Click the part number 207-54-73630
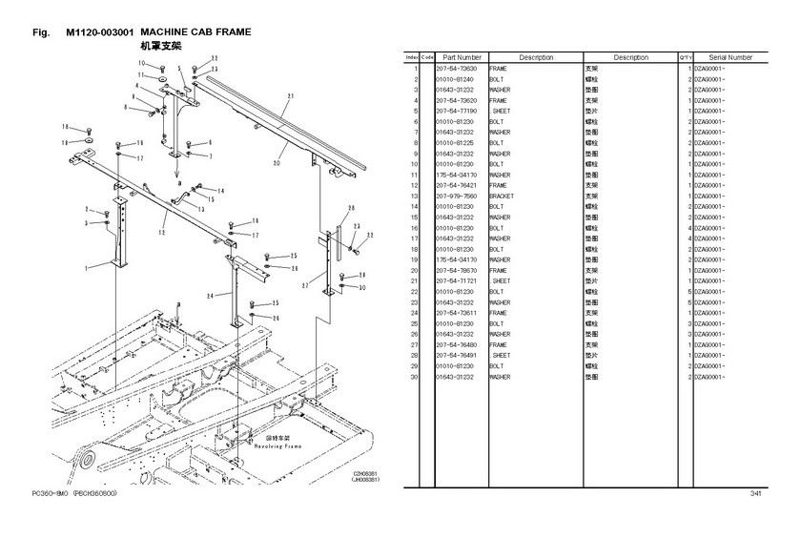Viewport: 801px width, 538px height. pos(457,69)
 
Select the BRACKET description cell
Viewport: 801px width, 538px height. pos(502,196)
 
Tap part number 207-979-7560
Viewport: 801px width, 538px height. pos(457,196)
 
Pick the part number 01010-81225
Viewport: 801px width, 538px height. pos(457,143)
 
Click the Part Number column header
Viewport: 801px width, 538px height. pos(461,57)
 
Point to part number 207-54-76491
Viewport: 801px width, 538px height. pos(457,355)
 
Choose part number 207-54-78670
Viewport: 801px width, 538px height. pos(457,270)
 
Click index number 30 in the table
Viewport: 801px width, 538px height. pos(415,376)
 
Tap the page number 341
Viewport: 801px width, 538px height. pos(754,493)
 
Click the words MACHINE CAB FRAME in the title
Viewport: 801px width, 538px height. pos(195,32)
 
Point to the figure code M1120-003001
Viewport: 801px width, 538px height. pos(100,32)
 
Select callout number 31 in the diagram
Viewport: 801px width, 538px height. pos(290,97)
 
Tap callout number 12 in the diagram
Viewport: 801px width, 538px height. pos(164,231)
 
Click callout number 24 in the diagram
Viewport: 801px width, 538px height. pos(211,296)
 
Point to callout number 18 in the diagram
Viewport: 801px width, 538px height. pos(66,127)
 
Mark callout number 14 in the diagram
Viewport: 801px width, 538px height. pos(221,191)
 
